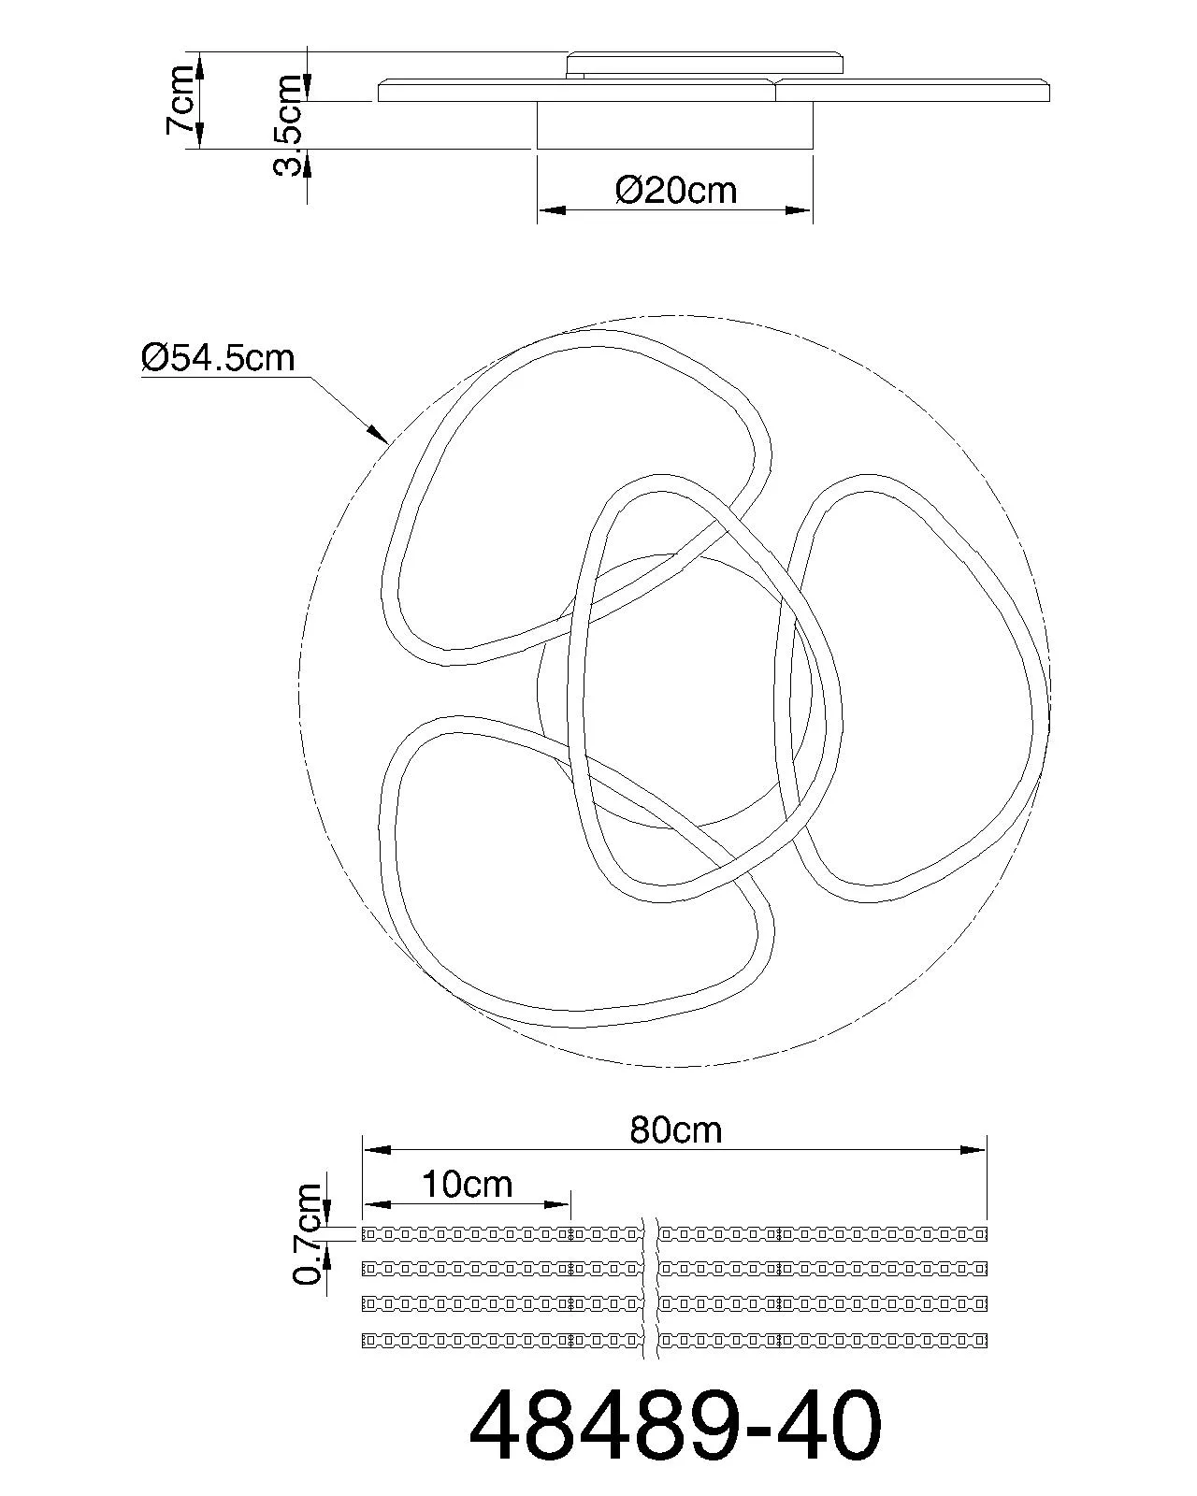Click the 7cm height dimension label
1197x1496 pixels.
click(x=180, y=99)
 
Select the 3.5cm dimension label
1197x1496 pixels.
click(x=288, y=125)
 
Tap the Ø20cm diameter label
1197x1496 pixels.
click(x=676, y=190)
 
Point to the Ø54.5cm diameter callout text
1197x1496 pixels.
click(x=218, y=358)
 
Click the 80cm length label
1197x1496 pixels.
click(x=675, y=1130)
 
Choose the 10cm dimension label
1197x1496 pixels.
click(x=467, y=1184)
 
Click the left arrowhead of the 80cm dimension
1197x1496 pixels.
click(x=376, y=1150)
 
